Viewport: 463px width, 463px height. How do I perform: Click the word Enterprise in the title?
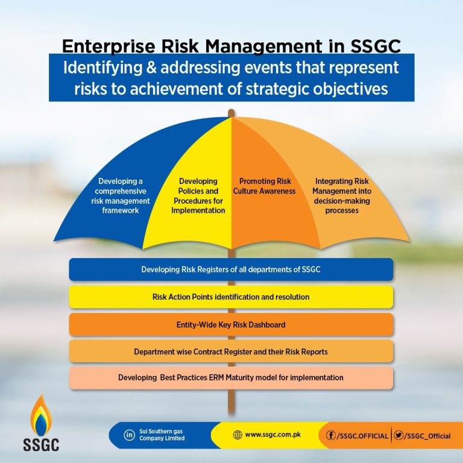coord(109,46)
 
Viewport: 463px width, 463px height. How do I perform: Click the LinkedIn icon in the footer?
coord(129,435)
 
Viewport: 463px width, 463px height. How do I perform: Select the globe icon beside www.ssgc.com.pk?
coord(238,435)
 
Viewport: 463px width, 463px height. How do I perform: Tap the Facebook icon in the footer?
coord(331,435)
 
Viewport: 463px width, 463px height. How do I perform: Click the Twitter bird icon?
coord(398,435)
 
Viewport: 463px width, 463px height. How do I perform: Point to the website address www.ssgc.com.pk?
coord(273,435)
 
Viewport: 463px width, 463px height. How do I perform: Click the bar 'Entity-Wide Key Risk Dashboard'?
coord(231,324)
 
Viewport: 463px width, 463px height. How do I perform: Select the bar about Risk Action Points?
coord(231,297)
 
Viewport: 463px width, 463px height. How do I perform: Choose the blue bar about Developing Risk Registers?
coord(231,269)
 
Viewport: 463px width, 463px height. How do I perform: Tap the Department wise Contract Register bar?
coord(231,351)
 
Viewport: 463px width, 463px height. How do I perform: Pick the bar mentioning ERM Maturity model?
coord(231,377)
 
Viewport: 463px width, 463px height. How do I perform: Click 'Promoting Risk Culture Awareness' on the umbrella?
coord(265,186)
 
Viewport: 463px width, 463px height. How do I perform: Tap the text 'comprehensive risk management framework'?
coord(121,201)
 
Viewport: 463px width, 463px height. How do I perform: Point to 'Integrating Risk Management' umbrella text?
coord(342,186)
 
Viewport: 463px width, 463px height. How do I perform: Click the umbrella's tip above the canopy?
coord(231,112)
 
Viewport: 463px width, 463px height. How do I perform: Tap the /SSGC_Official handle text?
coord(427,436)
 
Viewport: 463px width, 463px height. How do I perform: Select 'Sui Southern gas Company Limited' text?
coord(162,435)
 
